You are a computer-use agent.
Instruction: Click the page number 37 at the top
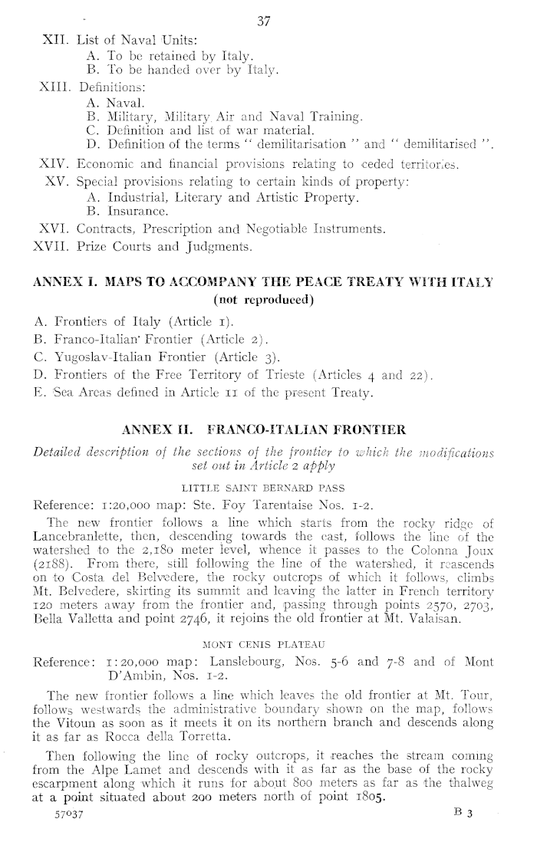(265, 22)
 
